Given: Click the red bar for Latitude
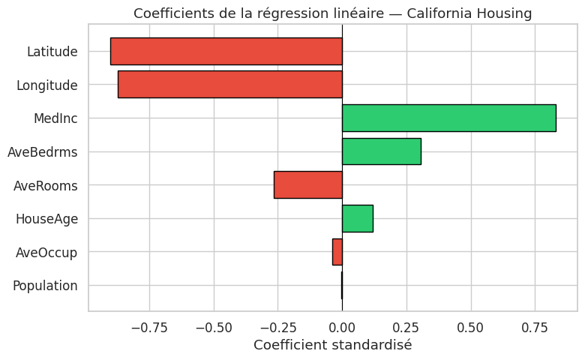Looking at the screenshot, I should pos(226,51).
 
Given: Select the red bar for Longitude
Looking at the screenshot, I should pos(229,85).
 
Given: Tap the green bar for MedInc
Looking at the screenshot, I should pos(448,118).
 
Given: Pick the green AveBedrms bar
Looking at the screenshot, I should pos(381,151).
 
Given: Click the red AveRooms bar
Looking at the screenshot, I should pos(307,184).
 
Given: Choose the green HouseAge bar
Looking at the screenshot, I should pos(357,218).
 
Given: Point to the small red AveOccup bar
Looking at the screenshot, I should pos(337,252).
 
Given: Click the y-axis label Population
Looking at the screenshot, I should pos(45,286).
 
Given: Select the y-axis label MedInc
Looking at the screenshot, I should pos(55,118).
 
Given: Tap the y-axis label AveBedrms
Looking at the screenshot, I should pos(42,152).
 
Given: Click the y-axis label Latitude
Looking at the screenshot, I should pos(52,52).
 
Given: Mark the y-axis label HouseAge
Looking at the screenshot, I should pos(46,219).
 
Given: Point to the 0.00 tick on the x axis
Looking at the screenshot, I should pos(342,328).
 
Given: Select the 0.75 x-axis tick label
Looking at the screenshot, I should pos(535,328).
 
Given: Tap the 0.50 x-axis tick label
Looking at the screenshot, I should pos(470,328).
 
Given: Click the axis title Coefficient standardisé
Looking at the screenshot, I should pos(332,345).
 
